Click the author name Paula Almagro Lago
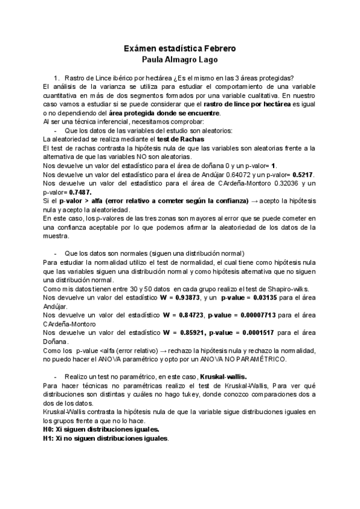coord(180,60)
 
